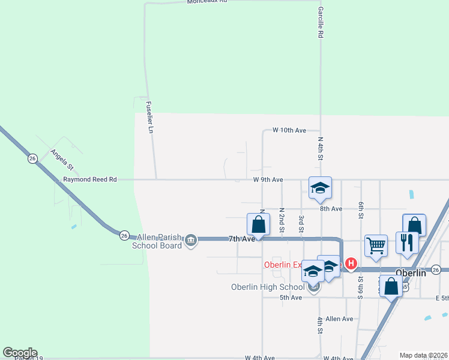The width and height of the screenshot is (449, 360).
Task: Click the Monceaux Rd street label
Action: (x=208, y=2)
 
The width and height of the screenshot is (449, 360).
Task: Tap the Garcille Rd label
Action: (x=321, y=23)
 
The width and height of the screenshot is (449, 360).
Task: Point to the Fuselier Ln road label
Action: (x=151, y=116)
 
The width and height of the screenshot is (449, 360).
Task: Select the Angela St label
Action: (x=62, y=160)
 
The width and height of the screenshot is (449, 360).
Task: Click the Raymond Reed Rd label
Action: (x=90, y=179)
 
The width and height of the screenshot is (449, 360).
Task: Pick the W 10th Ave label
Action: (x=289, y=130)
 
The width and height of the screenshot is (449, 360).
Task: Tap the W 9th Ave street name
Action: (x=268, y=179)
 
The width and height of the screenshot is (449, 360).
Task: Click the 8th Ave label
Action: (x=331, y=209)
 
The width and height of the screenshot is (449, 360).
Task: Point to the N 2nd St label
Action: (x=282, y=221)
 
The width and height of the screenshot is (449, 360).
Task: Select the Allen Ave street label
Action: (x=340, y=319)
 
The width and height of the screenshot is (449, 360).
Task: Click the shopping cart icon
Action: (x=376, y=245)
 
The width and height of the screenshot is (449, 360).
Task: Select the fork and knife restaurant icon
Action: (x=407, y=242)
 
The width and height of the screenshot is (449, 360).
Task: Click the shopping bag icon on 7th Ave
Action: (x=258, y=225)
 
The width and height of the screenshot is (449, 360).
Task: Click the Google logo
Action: (x=20, y=353)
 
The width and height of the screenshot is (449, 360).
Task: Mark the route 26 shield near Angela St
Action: (x=32, y=158)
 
